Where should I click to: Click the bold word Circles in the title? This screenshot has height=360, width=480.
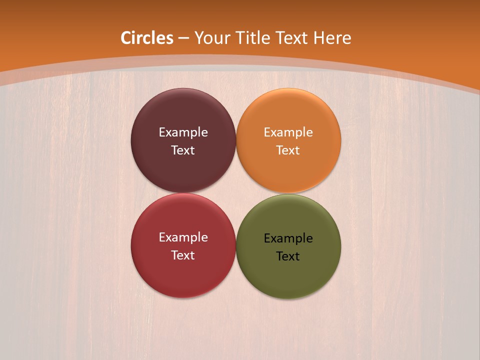point(147,38)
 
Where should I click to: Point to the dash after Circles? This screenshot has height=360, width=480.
point(183,38)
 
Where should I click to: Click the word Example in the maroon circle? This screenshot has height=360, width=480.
point(183,132)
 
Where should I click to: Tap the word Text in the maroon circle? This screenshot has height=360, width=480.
point(183,150)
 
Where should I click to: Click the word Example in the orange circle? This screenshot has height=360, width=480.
point(288,132)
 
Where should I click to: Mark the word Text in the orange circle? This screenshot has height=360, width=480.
point(288,150)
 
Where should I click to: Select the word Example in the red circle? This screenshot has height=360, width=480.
point(183,237)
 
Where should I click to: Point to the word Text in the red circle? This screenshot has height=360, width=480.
point(183,255)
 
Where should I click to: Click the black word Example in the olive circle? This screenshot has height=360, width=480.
point(288,238)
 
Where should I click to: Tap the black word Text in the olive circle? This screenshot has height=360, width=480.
point(288,256)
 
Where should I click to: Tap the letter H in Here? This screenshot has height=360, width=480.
point(318,38)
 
